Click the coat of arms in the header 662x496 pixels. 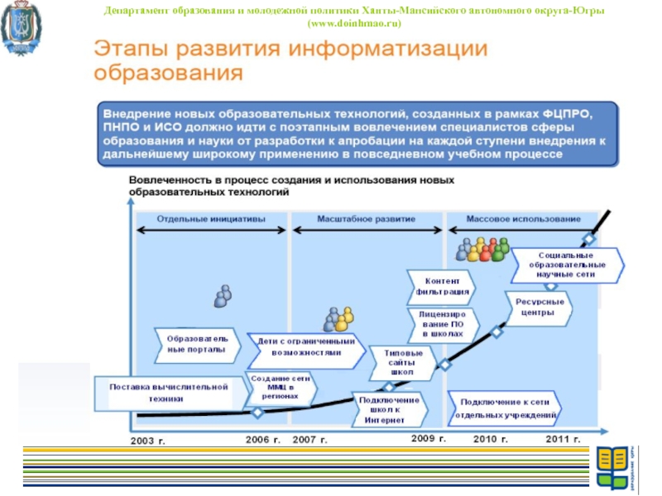tap(19, 28)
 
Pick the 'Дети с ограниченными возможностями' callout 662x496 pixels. tap(306, 346)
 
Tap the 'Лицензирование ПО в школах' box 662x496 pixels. tap(447, 324)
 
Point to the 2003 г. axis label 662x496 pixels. tap(149, 441)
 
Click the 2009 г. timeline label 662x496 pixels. tap(429, 437)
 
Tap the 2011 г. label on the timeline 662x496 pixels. tap(566, 438)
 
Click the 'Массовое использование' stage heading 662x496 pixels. tap(524, 219)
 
